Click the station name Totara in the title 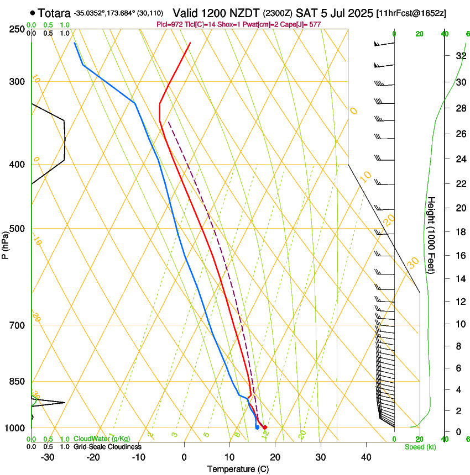pos(55,13)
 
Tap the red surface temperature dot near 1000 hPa pos(265,427)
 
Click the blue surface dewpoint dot pos(257,427)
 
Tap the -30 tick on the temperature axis pos(48,457)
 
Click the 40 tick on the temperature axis pos(365,457)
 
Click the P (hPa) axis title pos(5,244)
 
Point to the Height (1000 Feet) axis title pos(432,235)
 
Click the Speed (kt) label pos(420,447)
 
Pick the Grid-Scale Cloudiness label pos(107,447)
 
